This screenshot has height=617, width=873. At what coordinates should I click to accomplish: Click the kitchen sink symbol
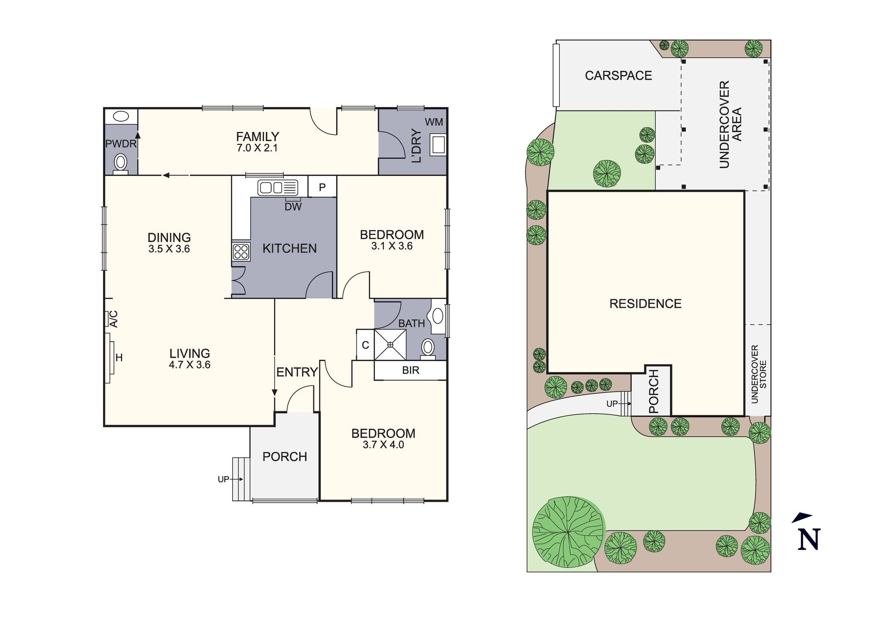tap(278, 188)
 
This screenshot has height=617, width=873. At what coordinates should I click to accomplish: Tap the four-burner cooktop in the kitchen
tap(241, 252)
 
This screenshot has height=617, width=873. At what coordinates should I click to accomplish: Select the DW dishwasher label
tap(293, 207)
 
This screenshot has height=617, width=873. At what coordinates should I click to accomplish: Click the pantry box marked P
tap(322, 187)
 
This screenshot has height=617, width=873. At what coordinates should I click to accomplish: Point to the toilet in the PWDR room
tap(120, 164)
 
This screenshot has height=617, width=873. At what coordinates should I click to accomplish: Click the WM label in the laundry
tap(433, 122)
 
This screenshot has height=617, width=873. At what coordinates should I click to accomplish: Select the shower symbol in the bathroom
tap(390, 345)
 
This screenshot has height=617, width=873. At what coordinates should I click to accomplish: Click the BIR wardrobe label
tap(410, 370)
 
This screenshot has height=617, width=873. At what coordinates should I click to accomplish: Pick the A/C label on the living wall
tap(113, 319)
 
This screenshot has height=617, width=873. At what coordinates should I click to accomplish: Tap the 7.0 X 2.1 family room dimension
tap(257, 148)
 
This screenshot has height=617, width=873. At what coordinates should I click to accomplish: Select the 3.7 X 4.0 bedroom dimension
tap(383, 445)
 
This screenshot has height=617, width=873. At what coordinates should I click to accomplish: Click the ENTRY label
tap(297, 372)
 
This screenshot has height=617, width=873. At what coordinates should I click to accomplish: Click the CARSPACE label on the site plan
tap(618, 76)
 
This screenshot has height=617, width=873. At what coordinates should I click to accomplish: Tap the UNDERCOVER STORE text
tap(759, 374)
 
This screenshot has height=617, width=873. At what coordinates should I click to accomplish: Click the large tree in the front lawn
tap(568, 531)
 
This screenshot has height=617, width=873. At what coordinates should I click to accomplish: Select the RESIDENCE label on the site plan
tap(645, 304)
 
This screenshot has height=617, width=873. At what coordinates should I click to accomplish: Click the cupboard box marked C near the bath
tap(365, 345)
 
